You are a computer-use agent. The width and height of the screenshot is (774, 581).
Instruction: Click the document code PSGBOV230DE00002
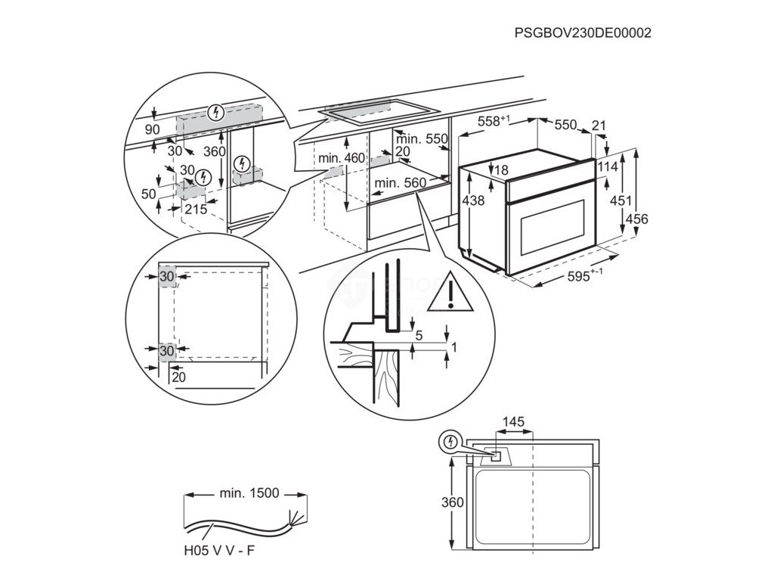click(x=582, y=33)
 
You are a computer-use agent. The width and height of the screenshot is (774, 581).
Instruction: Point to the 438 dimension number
click(x=474, y=200)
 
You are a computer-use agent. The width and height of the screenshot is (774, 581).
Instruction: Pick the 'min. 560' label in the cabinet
click(x=400, y=182)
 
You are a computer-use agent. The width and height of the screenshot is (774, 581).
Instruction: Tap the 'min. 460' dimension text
click(x=341, y=158)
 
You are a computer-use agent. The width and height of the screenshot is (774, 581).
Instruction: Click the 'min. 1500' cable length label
click(x=249, y=493)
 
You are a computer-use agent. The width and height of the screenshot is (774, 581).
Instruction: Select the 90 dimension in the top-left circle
click(x=152, y=130)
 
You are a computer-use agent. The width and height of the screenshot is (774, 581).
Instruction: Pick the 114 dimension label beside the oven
click(x=607, y=166)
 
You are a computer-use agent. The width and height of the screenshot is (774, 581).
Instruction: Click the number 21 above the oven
click(x=599, y=125)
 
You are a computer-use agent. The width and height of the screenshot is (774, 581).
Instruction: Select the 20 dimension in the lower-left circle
click(x=178, y=377)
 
